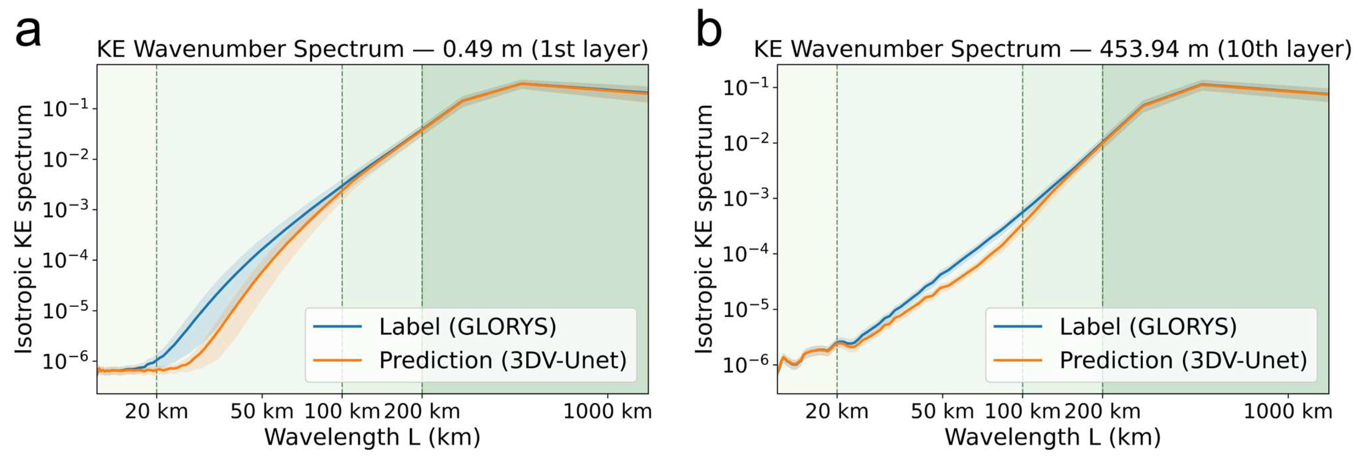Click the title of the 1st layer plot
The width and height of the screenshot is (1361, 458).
[x=372, y=49]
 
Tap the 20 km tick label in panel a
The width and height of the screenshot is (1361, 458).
[x=156, y=411]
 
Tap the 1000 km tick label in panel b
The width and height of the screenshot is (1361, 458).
[x=1288, y=411]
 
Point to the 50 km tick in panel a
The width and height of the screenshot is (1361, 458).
[x=262, y=411]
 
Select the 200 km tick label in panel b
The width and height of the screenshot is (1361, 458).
[x=1103, y=411]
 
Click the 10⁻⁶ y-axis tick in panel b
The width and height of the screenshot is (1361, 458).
[x=749, y=364]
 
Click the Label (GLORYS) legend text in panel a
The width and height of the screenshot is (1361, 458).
[x=467, y=327]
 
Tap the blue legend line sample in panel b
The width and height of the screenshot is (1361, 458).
[x=1017, y=327]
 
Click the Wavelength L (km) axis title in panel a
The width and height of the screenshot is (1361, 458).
[x=372, y=437]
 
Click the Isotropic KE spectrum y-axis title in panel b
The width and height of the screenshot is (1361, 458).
[x=704, y=229]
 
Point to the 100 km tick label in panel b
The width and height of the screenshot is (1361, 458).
[x=1023, y=411]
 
